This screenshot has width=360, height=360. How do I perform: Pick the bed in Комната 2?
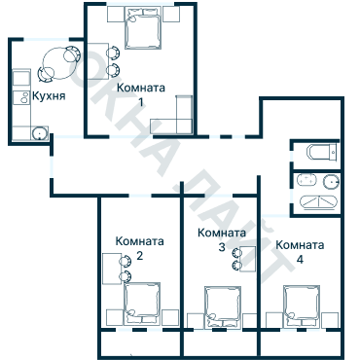click(143, 302)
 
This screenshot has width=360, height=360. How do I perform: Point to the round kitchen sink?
click(40, 133)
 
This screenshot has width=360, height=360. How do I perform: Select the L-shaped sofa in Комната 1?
click(175, 125)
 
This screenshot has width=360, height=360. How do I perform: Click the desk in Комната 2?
click(111, 268)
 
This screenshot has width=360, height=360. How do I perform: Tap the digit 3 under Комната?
click(222, 248)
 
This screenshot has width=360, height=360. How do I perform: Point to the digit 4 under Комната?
click(300, 260)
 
